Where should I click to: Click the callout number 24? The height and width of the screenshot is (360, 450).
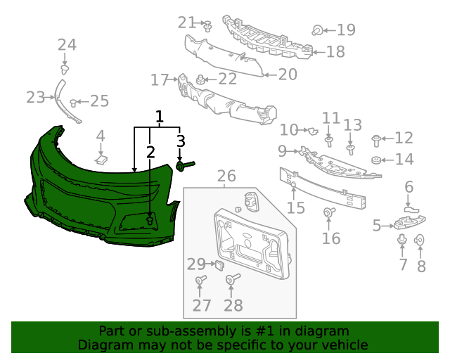67,45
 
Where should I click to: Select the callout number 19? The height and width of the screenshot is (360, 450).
345,30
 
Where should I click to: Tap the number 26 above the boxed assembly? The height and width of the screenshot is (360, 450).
226,176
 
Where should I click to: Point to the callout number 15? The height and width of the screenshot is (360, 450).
296,207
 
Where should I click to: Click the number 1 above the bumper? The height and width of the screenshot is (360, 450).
160,116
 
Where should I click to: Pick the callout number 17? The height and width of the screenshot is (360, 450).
160,79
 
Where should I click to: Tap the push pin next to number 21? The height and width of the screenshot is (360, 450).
208,27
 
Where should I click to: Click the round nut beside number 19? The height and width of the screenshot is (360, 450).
318,30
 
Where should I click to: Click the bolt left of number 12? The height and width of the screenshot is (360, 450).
377,139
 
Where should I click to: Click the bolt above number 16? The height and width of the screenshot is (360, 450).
328,212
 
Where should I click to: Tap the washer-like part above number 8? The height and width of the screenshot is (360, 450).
419,240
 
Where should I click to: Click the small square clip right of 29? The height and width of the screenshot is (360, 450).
219,265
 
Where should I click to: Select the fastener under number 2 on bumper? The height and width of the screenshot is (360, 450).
150,220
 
